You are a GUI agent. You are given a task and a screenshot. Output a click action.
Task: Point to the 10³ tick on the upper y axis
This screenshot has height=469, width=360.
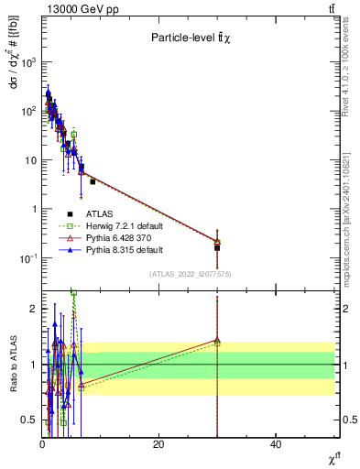click(28, 62)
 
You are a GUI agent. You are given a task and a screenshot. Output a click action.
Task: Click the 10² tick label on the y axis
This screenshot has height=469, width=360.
click(28, 111)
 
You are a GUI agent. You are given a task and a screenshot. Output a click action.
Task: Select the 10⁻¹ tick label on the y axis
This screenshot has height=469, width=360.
click(27, 258)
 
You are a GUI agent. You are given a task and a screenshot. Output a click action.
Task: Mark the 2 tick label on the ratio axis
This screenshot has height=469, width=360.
click(33, 308)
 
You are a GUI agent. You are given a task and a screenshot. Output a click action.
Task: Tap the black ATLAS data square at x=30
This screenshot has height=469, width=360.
click(217, 247)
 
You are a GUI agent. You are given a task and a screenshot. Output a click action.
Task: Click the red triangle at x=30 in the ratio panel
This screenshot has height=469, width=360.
click(217, 340)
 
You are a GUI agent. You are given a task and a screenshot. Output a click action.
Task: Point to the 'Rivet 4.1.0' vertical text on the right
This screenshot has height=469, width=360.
click(352, 73)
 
